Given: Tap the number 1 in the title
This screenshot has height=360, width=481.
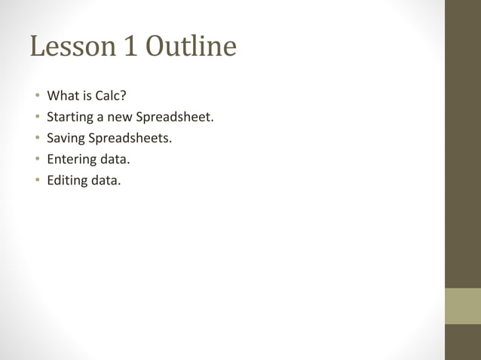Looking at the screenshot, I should click(x=128, y=47).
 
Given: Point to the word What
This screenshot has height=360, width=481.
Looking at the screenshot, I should click(x=63, y=96).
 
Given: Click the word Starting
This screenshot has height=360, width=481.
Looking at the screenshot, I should click(x=70, y=117).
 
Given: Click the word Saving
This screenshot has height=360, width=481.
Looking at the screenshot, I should click(x=66, y=139).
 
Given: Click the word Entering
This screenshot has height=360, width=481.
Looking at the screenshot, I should click(x=72, y=160).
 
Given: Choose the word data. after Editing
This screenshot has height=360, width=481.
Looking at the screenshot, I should click(x=106, y=181).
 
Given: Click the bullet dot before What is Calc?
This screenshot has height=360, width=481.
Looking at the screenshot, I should click(x=35, y=96).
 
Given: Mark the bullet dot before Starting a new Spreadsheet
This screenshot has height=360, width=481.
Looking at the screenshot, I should click(x=35, y=117).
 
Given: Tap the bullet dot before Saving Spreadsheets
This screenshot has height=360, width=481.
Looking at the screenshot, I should click(x=35, y=139).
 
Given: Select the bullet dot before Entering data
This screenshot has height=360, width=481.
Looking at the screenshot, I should click(x=35, y=160).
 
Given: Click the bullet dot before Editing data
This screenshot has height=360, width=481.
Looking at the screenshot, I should click(x=35, y=181).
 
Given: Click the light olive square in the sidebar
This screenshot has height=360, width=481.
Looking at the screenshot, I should click(x=462, y=306).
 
